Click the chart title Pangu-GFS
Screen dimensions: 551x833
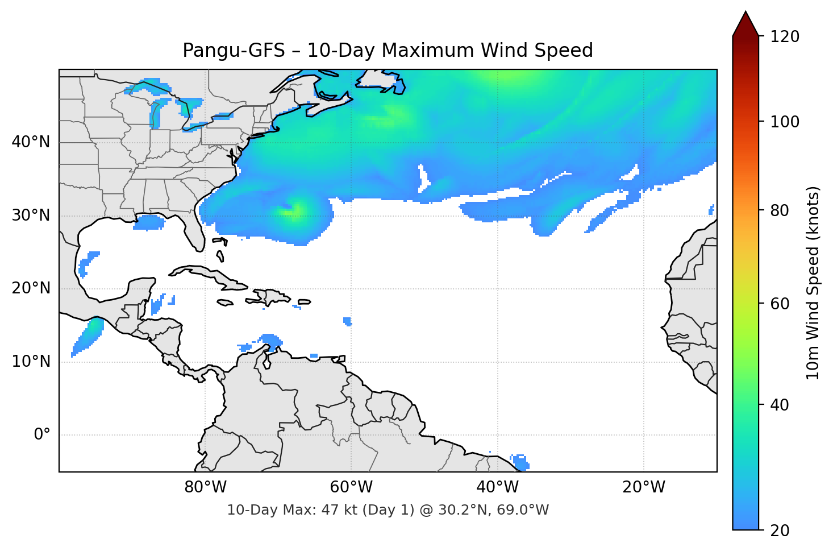(x=388, y=51)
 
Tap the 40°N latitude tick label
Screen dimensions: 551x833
(x=31, y=142)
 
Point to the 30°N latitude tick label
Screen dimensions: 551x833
(x=31, y=216)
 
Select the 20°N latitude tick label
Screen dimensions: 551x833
(x=31, y=288)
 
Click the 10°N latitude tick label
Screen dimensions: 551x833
(x=31, y=362)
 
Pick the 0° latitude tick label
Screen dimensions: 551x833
(x=41, y=435)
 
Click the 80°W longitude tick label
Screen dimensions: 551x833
(x=205, y=487)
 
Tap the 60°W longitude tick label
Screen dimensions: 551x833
(x=351, y=487)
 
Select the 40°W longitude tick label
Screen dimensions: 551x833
(x=497, y=487)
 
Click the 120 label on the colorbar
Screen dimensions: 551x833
(x=785, y=37)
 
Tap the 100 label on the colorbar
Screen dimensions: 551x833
(x=785, y=122)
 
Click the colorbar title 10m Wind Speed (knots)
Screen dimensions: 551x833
(x=813, y=283)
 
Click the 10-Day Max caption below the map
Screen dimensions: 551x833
(x=388, y=510)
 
